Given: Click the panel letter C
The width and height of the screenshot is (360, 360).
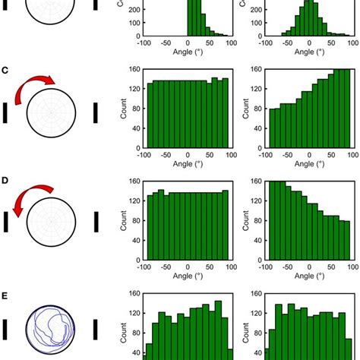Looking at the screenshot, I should [6, 71].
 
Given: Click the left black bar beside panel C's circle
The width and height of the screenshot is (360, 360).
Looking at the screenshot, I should [5, 113].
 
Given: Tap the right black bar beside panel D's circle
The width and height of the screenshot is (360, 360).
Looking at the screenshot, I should [95, 222].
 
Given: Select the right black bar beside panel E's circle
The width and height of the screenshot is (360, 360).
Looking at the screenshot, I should [95, 330].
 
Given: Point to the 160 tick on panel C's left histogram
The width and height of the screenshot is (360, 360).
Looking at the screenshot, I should [133, 71].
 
